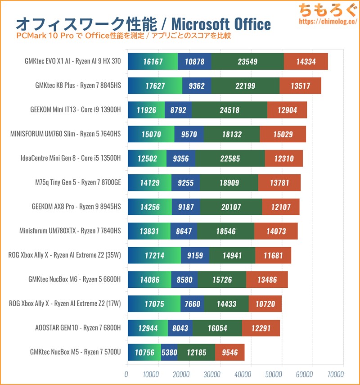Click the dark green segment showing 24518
point(229,110)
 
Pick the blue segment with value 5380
point(169,353)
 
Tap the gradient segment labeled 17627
point(155,86)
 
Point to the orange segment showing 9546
point(229,353)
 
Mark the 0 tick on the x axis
point(126,374)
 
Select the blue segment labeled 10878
point(194,61)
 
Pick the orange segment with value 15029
point(283,134)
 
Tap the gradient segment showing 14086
point(149,280)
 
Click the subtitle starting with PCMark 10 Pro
point(124,35)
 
